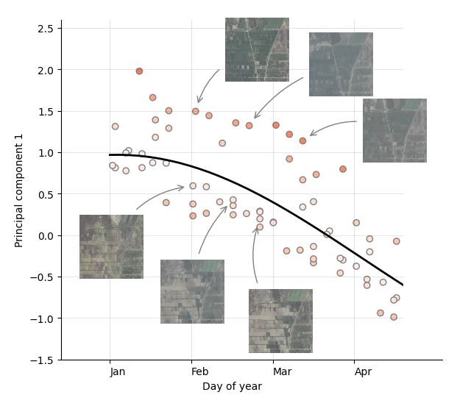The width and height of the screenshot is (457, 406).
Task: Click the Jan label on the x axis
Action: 118,372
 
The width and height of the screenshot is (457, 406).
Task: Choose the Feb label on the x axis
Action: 199,372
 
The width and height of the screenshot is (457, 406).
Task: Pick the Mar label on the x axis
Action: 282,372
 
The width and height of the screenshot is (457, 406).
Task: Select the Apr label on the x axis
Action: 363,372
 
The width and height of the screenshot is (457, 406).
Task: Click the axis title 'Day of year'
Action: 232,387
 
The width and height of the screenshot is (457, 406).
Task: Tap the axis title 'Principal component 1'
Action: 19,190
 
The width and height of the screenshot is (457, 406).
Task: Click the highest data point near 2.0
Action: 139,71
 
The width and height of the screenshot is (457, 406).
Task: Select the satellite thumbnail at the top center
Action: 257,49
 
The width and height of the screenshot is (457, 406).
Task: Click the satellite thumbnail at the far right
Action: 394,130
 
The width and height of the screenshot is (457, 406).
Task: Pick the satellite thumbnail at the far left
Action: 111,246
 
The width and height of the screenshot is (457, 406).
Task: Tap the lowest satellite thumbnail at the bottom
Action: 280,321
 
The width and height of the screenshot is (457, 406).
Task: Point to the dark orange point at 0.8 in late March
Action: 343,169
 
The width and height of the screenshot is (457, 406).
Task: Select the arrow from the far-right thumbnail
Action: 333,126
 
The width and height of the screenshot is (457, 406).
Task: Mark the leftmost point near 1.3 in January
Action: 115,127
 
